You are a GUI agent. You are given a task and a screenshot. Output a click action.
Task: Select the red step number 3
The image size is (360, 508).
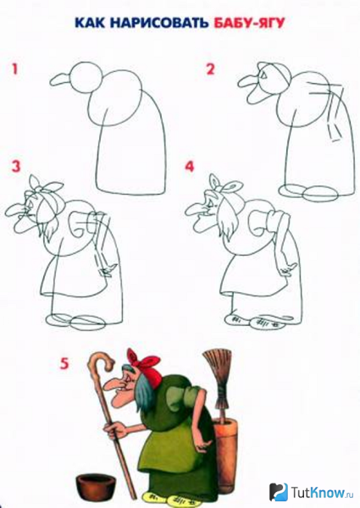(x=14, y=166)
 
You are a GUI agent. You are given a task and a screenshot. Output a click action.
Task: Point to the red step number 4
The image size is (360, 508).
(x=190, y=166)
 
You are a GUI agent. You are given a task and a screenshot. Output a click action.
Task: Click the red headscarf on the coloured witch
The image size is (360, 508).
(x=144, y=362)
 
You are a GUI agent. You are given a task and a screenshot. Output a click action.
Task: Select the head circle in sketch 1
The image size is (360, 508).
(x=82, y=78)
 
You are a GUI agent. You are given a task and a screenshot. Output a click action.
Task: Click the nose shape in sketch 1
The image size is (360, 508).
(x=59, y=81)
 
